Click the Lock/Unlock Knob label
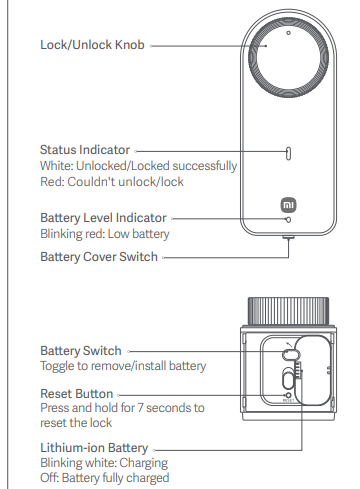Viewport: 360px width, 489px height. (x=92, y=45)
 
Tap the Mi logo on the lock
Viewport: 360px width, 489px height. (x=288, y=205)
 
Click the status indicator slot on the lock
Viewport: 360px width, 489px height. (x=289, y=153)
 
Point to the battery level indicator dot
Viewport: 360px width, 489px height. (x=289, y=220)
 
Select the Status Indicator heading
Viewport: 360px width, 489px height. (x=85, y=150)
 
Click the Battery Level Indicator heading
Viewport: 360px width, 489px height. (x=103, y=218)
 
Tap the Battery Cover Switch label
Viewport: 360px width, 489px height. (x=99, y=257)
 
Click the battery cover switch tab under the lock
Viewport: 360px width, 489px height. (x=289, y=237)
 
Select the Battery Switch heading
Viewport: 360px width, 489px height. (x=81, y=351)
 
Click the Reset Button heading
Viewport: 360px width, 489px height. (x=77, y=394)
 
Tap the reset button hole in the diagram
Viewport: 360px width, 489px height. (x=289, y=395)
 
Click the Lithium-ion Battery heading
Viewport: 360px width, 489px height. (x=94, y=448)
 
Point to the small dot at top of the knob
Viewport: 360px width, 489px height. (x=289, y=33)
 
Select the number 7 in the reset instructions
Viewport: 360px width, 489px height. (x=140, y=408)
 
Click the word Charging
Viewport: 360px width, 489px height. (x=144, y=463)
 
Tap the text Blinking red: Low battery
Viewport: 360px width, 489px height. (x=105, y=234)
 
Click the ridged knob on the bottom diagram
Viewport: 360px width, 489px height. (x=288, y=311)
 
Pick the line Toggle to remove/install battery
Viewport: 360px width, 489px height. (x=123, y=366)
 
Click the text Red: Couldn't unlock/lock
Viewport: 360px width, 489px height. (x=112, y=182)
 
